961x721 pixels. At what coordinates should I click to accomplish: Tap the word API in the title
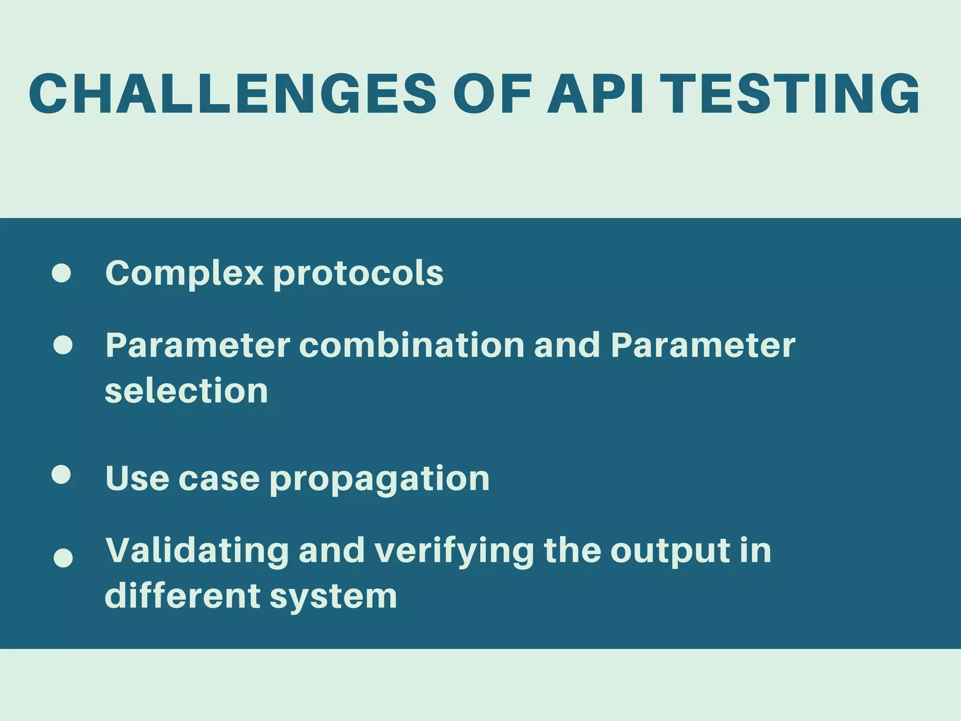pyautogui.click(x=595, y=94)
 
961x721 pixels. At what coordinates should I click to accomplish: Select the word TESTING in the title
pyautogui.click(x=793, y=94)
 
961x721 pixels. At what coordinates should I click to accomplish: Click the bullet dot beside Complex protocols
pyautogui.click(x=61, y=273)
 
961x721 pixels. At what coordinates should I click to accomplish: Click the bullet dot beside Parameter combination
pyautogui.click(x=63, y=345)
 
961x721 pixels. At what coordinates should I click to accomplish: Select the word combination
pyautogui.click(x=412, y=345)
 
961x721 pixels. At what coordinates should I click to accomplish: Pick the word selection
pyautogui.click(x=186, y=391)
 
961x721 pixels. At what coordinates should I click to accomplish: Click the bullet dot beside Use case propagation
pyautogui.click(x=61, y=475)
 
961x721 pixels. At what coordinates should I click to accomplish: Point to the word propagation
pyautogui.click(x=380, y=480)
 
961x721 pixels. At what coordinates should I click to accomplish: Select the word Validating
pyautogui.click(x=197, y=550)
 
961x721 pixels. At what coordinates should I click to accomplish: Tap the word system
pyautogui.click(x=333, y=597)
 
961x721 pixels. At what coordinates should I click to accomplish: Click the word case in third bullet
pyautogui.click(x=219, y=479)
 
